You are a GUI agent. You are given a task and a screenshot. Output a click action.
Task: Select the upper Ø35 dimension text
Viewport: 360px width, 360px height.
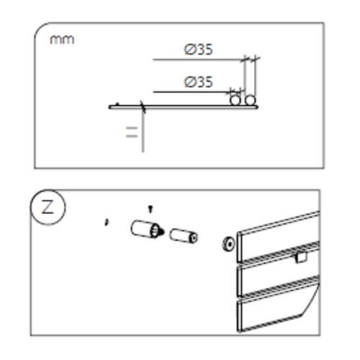click(x=199, y=50)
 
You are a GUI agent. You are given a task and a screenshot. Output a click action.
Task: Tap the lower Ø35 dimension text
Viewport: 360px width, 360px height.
click(x=199, y=82)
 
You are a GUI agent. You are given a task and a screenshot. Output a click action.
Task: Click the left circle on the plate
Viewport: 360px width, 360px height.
click(x=235, y=101)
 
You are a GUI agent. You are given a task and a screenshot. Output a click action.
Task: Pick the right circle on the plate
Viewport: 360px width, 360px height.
click(x=250, y=101)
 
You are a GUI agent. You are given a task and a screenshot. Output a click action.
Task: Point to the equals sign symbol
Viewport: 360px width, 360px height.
click(x=132, y=132)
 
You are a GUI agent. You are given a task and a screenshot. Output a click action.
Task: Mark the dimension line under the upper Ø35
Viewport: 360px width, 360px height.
click(x=198, y=59)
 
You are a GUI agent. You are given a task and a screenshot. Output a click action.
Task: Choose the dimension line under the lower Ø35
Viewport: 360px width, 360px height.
click(x=191, y=91)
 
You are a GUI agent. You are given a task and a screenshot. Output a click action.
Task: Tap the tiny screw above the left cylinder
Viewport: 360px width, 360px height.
click(x=149, y=209)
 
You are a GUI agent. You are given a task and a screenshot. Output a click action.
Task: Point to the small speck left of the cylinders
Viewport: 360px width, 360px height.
click(x=107, y=222)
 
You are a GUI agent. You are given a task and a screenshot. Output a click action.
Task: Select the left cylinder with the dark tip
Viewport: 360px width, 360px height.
click(x=144, y=230)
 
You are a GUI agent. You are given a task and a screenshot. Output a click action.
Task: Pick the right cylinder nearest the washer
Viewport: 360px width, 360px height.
click(x=183, y=236)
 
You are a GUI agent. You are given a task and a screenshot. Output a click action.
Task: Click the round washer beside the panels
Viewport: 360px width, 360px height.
click(x=227, y=245)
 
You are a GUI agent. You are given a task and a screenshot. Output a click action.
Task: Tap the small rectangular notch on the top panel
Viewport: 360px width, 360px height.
click(x=301, y=255)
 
